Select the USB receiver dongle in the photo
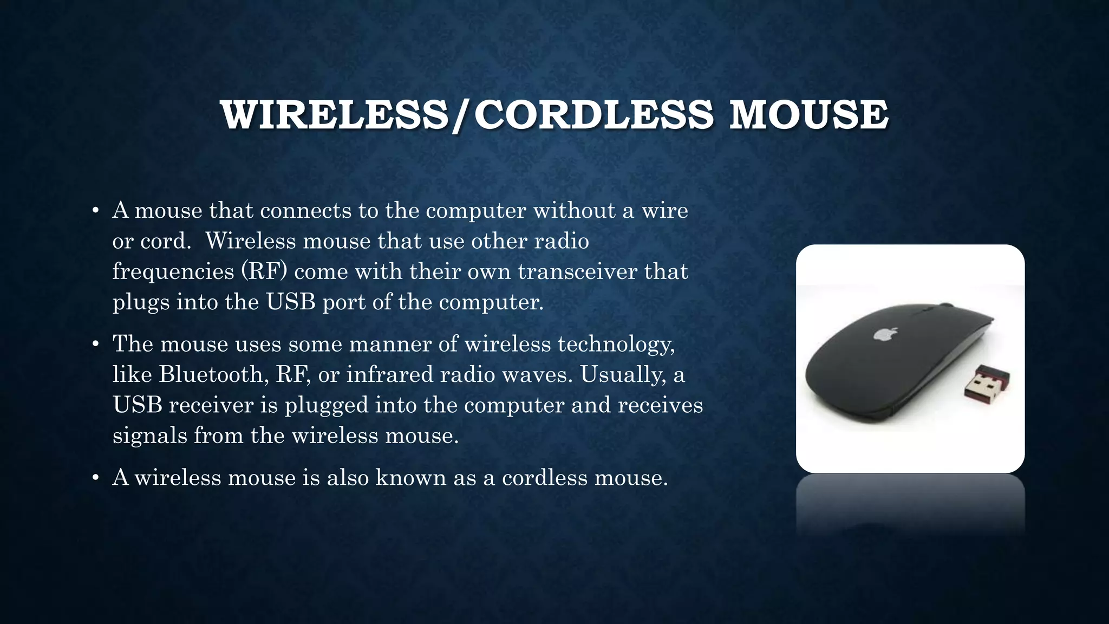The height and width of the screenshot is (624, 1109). [x=987, y=384]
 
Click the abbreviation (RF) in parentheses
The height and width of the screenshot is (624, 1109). [x=264, y=271]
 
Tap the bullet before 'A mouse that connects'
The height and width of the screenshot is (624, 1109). [x=95, y=211]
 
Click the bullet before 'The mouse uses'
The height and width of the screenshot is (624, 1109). [x=95, y=344]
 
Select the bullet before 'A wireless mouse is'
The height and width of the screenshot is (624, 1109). [x=95, y=478]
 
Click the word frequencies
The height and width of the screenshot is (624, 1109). [x=173, y=271]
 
